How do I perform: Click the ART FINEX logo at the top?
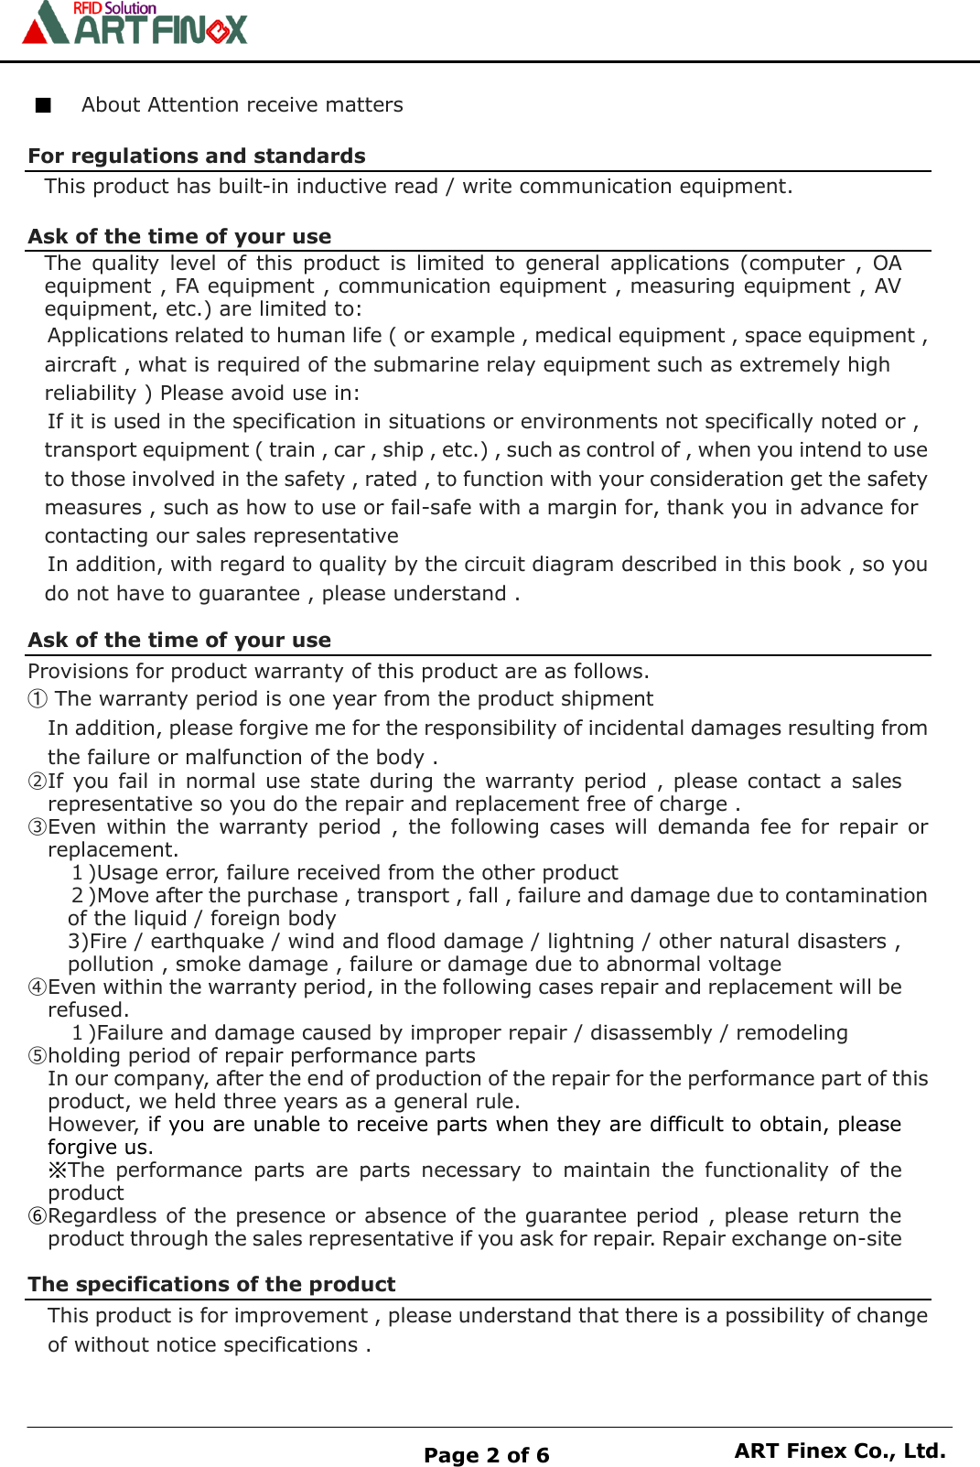point(135,25)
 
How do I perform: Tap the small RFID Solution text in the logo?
point(114,8)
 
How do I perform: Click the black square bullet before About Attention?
point(43,105)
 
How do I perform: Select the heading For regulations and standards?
point(197,156)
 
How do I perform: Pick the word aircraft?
point(81,365)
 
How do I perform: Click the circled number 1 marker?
point(38,699)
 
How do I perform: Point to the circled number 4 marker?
point(38,987)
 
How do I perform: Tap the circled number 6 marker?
point(38,1216)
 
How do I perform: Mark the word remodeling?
point(792,1033)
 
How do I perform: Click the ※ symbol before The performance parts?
point(58,1170)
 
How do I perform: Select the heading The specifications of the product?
point(211,1284)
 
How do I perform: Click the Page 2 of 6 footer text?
point(486,1455)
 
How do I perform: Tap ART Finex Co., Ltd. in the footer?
point(839,1451)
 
